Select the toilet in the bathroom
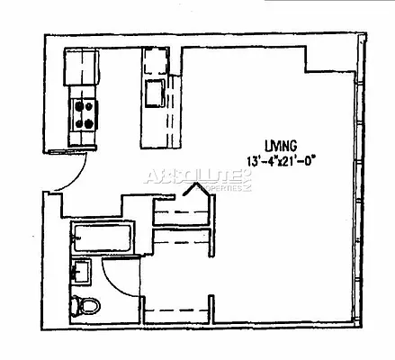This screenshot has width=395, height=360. pos(87,306)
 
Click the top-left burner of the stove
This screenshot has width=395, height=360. pos(77,104)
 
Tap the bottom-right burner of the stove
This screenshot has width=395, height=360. pos(90,123)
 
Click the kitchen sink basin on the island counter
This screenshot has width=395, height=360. pos(153,92)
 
